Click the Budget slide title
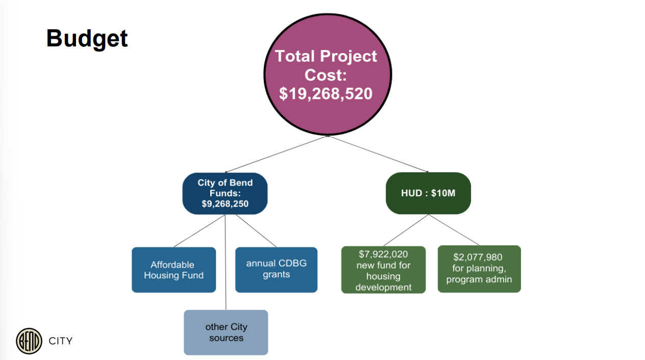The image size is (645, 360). click(x=87, y=38)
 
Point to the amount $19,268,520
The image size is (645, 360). click(x=326, y=94)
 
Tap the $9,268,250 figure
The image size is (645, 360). click(x=225, y=204)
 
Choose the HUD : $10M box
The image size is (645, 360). click(x=428, y=193)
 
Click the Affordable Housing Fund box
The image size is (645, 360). click(x=173, y=270)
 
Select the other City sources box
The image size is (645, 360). click(x=226, y=332)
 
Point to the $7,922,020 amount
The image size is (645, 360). click(x=383, y=254)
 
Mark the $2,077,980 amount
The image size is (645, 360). click(x=478, y=257)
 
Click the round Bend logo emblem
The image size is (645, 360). click(x=29, y=341)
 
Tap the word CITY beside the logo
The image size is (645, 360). click(x=60, y=341)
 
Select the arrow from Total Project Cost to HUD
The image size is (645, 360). click(x=378, y=154)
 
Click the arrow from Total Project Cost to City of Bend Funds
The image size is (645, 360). click(x=276, y=154)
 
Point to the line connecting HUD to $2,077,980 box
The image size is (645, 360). click(x=454, y=230)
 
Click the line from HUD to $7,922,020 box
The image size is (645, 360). click(x=406, y=230)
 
